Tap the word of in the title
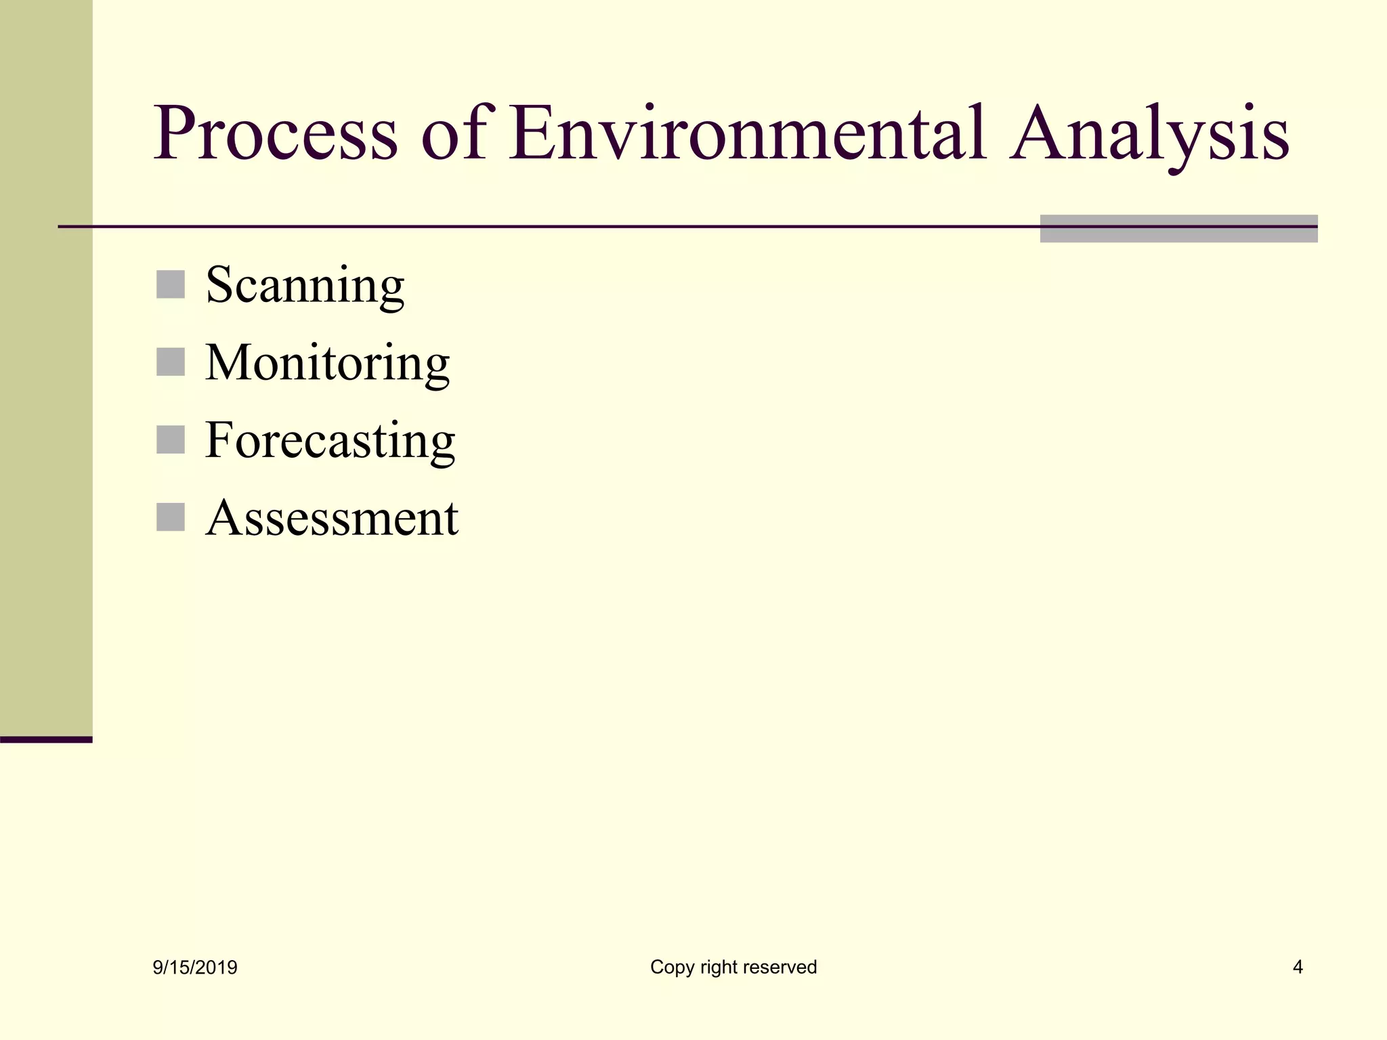coord(453,133)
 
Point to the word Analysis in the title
coord(1149,133)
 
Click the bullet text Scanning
coord(305,285)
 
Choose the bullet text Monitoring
coord(327,363)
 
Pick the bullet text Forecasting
coord(330,440)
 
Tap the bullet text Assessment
coord(332,518)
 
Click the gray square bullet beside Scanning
coord(171,284)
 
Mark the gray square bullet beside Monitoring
coord(171,362)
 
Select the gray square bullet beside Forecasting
coord(171,439)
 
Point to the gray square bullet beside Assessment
coord(171,517)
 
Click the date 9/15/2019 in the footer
coord(195,968)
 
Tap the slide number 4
coord(1298,967)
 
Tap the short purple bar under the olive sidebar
coord(46,739)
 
